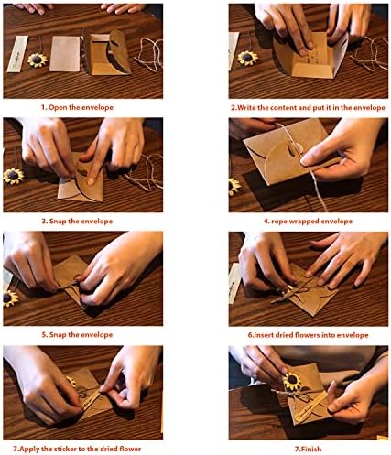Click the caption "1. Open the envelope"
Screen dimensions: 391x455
(x=77, y=107)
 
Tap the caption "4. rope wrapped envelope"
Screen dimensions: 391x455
(x=308, y=221)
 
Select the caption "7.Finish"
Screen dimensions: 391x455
(x=308, y=449)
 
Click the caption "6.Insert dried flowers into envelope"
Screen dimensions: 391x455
(x=308, y=335)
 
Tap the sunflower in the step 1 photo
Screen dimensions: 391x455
(x=38, y=60)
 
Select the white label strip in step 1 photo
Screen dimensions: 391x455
(x=17, y=54)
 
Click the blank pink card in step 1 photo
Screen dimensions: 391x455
(x=65, y=54)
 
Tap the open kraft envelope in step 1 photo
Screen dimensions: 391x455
(x=107, y=52)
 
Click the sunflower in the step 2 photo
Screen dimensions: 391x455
(x=247, y=58)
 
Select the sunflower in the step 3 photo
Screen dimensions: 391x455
(x=13, y=176)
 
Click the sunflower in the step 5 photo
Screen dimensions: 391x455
(x=10, y=298)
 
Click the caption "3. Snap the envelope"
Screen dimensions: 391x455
(x=77, y=221)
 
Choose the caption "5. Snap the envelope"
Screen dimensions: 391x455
(x=77, y=335)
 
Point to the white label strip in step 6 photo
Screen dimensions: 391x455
(x=235, y=283)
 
